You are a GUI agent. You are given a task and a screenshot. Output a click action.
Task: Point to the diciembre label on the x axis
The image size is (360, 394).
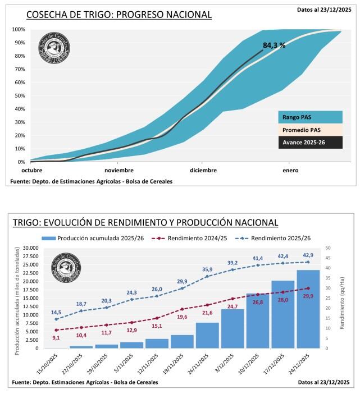click(x=203, y=170)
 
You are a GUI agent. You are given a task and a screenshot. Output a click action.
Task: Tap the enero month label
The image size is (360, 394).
click(x=290, y=170)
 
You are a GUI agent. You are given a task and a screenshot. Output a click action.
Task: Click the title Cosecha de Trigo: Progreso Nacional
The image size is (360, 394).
click(x=119, y=15)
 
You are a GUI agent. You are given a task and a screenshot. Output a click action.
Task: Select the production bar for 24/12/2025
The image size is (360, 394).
click(x=308, y=309)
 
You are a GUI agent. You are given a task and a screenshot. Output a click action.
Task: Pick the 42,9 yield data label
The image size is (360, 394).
click(x=308, y=255)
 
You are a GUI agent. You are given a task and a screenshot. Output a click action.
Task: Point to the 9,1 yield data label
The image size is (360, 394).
click(x=56, y=337)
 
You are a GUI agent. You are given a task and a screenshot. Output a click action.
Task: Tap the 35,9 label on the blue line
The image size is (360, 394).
click(x=208, y=269)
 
